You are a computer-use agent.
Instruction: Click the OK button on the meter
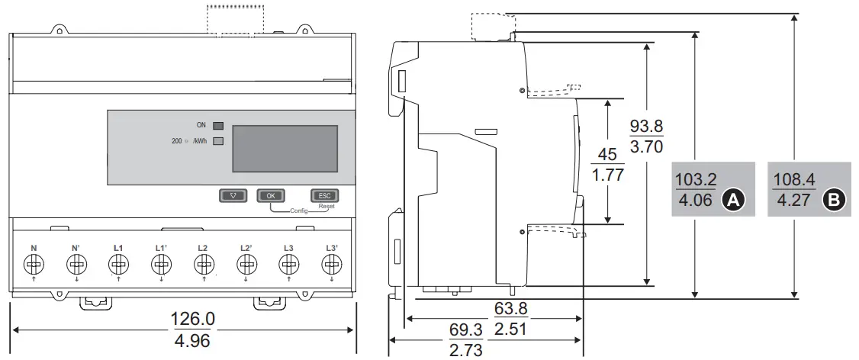pos(270,195)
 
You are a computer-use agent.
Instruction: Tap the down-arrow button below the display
pos(233,195)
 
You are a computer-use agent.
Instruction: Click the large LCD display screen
pos(283,149)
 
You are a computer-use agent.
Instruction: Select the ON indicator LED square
pos(218,124)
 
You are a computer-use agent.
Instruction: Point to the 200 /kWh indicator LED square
pos(218,140)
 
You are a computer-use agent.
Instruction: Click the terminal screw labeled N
pos(34,264)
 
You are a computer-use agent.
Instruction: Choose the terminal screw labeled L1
pos(118,264)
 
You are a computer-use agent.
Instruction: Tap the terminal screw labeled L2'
pos(246,264)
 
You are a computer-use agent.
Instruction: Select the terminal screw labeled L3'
pos(330,264)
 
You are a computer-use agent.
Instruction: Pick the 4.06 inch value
pos(696,201)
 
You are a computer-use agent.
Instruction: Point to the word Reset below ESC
pos(326,206)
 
